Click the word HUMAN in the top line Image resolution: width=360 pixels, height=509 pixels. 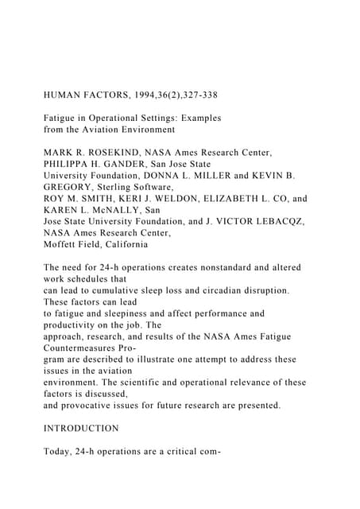pyautogui.click(x=65, y=95)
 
